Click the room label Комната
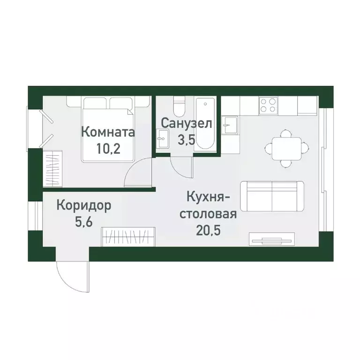108,132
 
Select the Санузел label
187,123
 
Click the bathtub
205,124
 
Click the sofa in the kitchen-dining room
272,195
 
